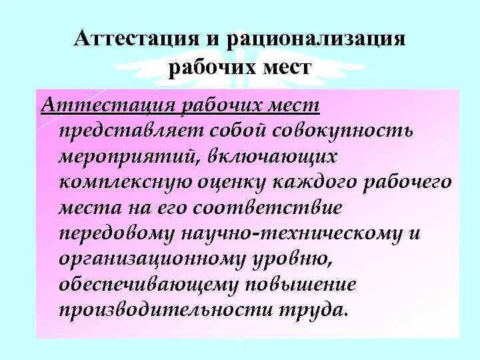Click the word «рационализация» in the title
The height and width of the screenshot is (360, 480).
[316, 38]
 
